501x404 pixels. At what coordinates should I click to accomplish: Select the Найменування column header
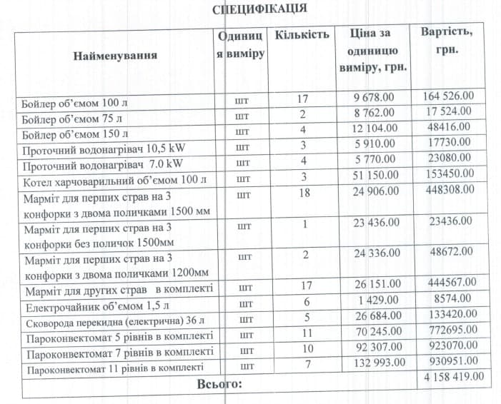coord(115,55)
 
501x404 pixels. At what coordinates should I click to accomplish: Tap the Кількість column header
coord(302,34)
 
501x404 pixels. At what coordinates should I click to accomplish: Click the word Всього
coord(219,384)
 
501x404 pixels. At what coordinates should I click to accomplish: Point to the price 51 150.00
coord(373,175)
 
